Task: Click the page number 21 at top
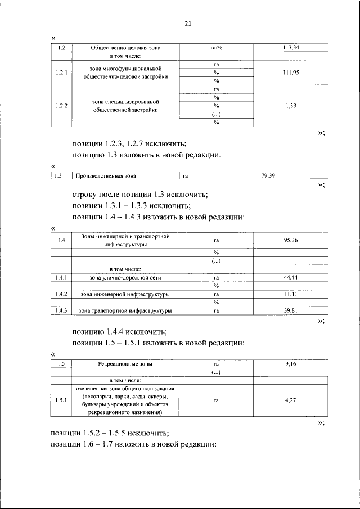coord(188,24)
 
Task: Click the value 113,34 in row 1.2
coord(291,48)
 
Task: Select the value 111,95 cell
coord(291,73)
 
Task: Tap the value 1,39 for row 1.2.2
coord(291,106)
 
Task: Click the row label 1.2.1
coord(61,73)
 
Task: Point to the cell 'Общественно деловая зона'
coord(121,48)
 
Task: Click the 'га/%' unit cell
coord(216,48)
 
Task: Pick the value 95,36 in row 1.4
coord(291,240)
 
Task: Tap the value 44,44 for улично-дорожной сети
coord(291,278)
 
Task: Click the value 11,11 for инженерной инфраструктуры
coord(291,294)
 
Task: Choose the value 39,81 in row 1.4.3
coord(291,310)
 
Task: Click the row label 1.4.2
coord(61,294)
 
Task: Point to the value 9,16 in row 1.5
coord(291,364)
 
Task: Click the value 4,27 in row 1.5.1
coord(291,400)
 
